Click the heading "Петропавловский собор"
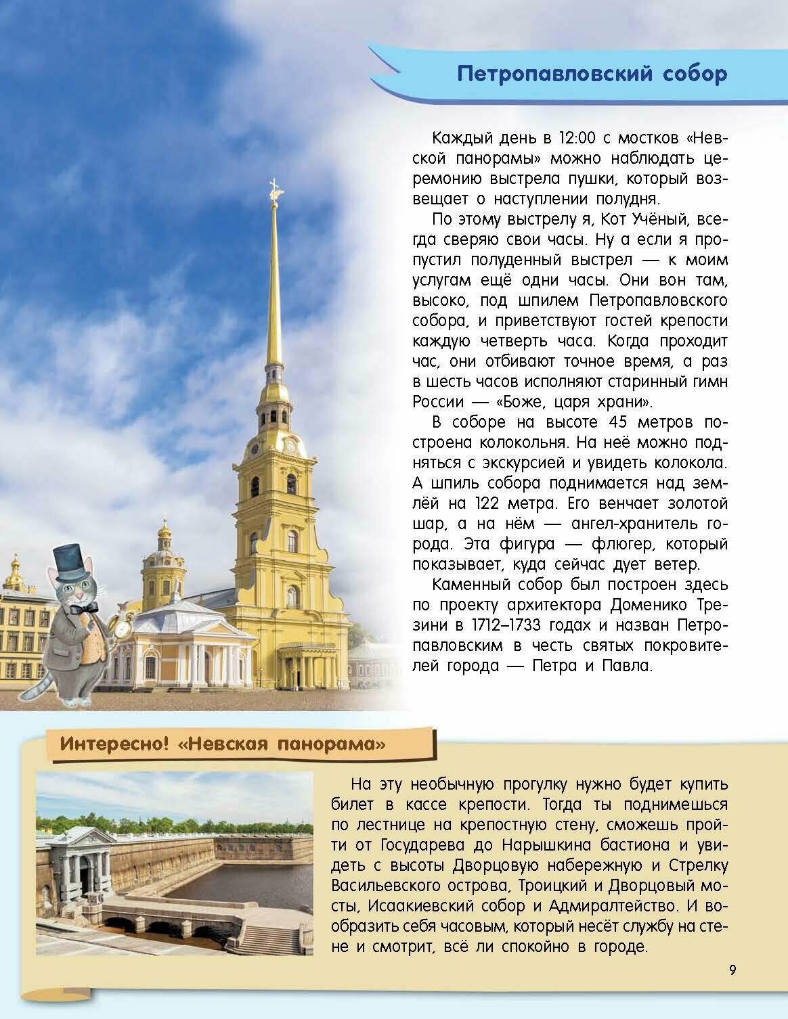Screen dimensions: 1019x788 pyautogui.click(x=592, y=74)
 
